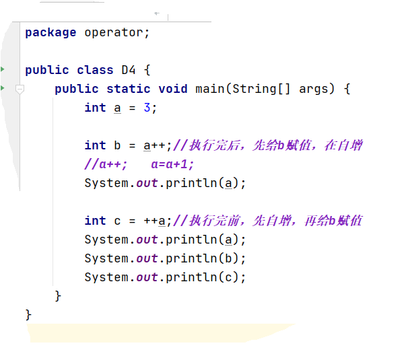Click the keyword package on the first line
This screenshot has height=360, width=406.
[x=50, y=32]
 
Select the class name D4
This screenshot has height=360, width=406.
[x=129, y=70]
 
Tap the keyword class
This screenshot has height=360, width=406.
[x=95, y=70]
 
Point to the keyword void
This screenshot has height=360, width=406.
[x=173, y=89]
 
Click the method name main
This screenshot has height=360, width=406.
[x=210, y=89]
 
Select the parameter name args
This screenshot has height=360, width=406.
[x=314, y=89]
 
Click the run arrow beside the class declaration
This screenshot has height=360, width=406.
[x=3, y=69]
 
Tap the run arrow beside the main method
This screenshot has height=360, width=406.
[x=3, y=88]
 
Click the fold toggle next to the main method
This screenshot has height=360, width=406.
[x=20, y=89]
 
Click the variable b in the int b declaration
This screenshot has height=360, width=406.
[x=117, y=145]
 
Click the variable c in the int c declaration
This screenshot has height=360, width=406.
[x=117, y=221]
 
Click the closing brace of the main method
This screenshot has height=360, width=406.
[x=58, y=295]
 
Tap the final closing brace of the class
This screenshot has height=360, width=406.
[x=28, y=314]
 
